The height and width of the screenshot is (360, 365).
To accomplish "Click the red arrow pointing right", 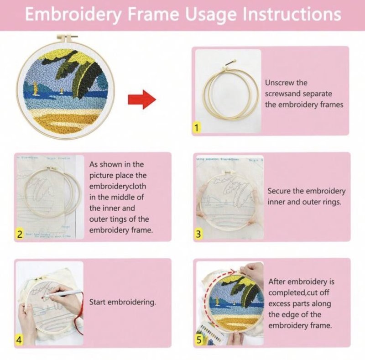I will [142, 99].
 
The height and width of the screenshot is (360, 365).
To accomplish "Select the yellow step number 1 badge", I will [197, 128].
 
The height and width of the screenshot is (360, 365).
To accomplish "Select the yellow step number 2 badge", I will [20, 235].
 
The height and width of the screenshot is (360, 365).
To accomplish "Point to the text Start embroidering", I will [122, 302].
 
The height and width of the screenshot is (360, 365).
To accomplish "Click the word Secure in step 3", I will [280, 191].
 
